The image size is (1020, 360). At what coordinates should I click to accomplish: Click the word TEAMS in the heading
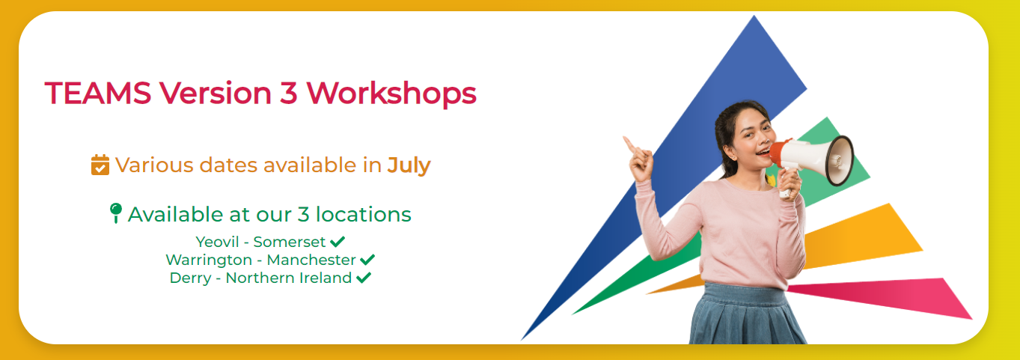(x=98, y=93)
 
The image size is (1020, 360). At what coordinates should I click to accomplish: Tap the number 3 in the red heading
(x=289, y=93)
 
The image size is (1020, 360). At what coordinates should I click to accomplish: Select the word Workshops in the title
(x=391, y=94)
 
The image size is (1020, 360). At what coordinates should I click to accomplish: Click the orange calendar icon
(x=100, y=165)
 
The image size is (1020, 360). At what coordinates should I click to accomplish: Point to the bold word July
(x=409, y=165)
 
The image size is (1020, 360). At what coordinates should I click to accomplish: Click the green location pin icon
(x=116, y=213)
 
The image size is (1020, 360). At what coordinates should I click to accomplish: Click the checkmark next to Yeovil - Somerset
(x=338, y=241)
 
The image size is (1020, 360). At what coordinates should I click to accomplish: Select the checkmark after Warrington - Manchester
(x=367, y=259)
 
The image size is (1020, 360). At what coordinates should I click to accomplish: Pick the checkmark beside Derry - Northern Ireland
(x=364, y=278)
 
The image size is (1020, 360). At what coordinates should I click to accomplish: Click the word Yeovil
(x=217, y=242)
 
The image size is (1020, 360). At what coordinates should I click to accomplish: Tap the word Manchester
(x=311, y=260)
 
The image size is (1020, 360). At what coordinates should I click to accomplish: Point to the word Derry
(x=190, y=278)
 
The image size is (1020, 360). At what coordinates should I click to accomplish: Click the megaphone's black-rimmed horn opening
(x=839, y=160)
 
